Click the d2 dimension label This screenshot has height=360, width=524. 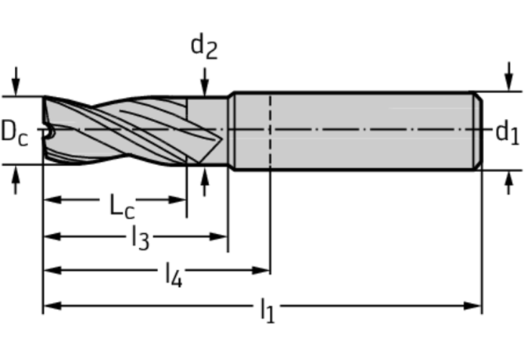(x=204, y=48)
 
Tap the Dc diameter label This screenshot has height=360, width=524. (x=15, y=133)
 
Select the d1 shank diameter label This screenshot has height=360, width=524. (x=508, y=132)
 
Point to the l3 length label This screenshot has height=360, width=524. (x=140, y=238)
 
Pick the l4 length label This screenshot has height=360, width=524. (x=174, y=275)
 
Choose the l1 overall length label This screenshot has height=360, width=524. (x=267, y=311)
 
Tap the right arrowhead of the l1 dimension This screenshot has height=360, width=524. (x=472, y=305)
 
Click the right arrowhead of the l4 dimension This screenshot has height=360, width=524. (x=261, y=270)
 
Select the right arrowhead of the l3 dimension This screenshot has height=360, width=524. (x=219, y=236)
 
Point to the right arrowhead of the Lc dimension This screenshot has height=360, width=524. (x=178, y=200)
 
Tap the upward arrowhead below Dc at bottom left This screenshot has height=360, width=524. (x=16, y=174)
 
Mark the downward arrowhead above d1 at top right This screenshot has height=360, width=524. (x=508, y=82)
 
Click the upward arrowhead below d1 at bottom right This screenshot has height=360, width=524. (x=508, y=179)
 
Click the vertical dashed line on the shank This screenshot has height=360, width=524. (x=270, y=131)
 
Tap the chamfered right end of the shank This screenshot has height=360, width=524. (x=478, y=131)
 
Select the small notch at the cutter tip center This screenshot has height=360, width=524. (x=50, y=133)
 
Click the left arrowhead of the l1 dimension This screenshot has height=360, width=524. (x=52, y=305)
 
